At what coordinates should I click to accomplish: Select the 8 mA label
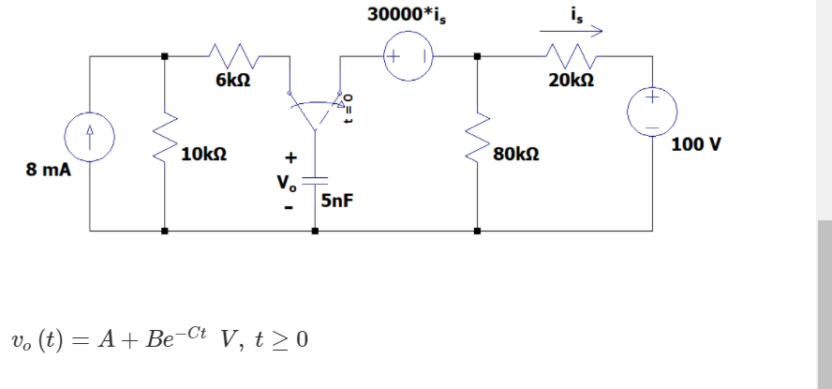tap(48, 171)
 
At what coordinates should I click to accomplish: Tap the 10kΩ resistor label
tap(203, 153)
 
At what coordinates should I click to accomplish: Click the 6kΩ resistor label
tap(231, 82)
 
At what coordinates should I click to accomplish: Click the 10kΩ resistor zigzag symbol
tap(166, 140)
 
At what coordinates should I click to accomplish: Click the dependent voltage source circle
tap(409, 57)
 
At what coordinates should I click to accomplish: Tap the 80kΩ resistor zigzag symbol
tap(478, 140)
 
